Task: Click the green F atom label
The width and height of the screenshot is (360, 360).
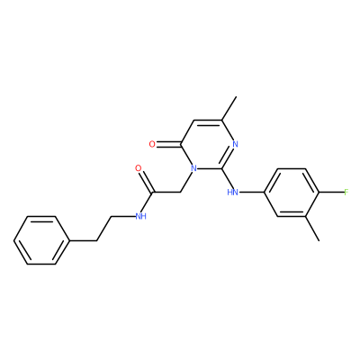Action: (346, 192)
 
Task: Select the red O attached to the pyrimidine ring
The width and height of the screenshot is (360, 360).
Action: (152, 144)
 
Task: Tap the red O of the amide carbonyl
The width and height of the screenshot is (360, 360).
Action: (139, 168)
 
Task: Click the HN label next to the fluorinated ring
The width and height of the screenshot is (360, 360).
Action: (233, 192)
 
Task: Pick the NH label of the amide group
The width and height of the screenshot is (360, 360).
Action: (140, 216)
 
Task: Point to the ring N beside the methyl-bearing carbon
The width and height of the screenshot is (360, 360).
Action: (235, 144)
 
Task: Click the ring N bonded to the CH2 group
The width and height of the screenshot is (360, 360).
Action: (194, 168)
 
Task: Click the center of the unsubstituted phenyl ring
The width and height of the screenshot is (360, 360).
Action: (42, 240)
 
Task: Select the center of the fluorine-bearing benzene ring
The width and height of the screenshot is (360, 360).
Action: (291, 193)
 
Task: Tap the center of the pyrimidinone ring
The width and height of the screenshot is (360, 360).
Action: (208, 144)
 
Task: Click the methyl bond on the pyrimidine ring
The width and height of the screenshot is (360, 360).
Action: (229, 108)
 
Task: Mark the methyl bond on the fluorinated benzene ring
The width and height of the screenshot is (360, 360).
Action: (312, 229)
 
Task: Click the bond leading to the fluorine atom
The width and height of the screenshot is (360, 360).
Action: (331, 193)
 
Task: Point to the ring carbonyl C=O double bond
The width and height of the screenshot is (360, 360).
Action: (168, 145)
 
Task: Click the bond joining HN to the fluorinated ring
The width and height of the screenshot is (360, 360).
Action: (251, 193)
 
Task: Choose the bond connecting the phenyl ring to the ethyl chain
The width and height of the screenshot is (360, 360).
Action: (84, 240)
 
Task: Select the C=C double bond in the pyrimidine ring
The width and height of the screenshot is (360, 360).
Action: (208, 121)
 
